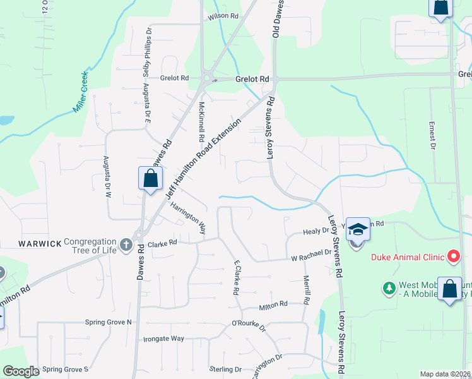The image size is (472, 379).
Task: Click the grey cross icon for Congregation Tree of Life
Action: tap(126, 244)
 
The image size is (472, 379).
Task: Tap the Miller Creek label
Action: tap(81, 92)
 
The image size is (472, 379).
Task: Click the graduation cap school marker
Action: tap(358, 229)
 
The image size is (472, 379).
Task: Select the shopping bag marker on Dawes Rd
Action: tap(151, 178)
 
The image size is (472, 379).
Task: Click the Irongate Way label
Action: tap(163, 339)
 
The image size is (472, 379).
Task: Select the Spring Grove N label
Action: tap(109, 322)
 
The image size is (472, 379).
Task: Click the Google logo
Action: tap(21, 371)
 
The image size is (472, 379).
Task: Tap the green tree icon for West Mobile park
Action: tap(389, 289)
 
